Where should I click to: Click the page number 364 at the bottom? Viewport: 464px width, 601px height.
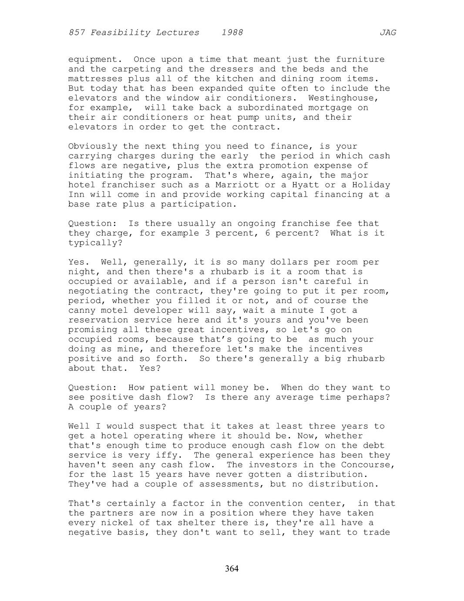pyautogui.click(x=232, y=569)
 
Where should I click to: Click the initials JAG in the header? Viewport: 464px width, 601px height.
pyautogui.click(x=387, y=33)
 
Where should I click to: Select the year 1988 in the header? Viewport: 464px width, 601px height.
pyautogui.click(x=232, y=33)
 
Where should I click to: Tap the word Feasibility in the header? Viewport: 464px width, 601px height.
pyautogui.click(x=118, y=33)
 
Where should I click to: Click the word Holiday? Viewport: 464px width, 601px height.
pyautogui.click(x=371, y=185)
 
